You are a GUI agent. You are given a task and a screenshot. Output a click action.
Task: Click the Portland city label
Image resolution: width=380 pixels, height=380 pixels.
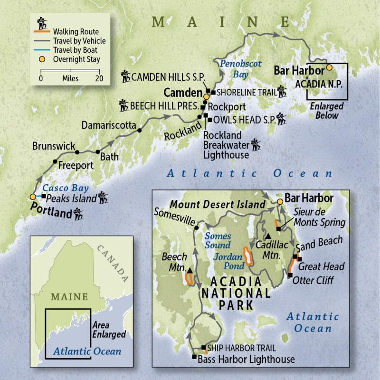tap(51, 212)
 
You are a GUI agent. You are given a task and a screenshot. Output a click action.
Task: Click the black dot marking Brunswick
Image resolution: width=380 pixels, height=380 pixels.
tap(76, 152)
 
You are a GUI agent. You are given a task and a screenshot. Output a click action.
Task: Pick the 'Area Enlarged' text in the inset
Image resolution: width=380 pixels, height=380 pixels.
tap(108, 331)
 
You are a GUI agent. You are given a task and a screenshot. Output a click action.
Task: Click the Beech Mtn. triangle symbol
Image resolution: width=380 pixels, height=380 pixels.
tap(190, 271)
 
